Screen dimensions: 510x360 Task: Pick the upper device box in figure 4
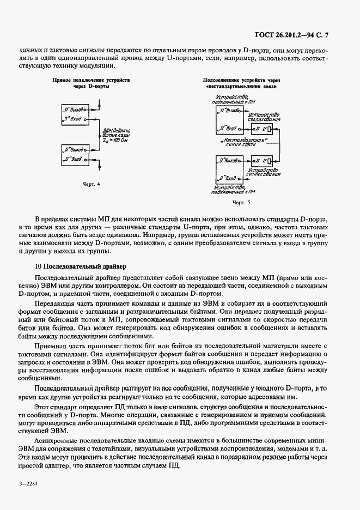tap(75, 113)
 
